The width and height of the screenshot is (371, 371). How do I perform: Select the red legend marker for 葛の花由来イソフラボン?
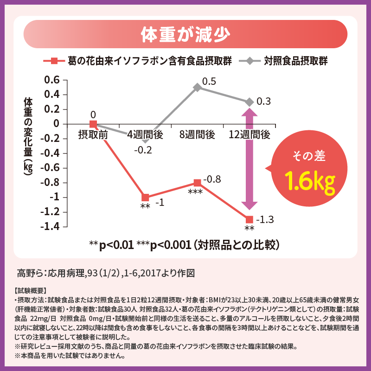click(54, 61)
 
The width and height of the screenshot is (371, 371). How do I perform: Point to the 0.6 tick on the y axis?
click(51, 80)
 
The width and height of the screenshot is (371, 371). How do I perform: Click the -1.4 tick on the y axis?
click(50, 227)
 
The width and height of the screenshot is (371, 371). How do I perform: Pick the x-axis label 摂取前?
click(93, 135)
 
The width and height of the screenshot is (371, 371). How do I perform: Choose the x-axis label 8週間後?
click(197, 135)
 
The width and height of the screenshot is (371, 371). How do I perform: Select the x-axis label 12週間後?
click(249, 135)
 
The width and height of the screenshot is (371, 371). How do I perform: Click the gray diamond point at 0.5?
click(197, 87)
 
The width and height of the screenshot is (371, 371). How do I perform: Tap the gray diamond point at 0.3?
click(249, 102)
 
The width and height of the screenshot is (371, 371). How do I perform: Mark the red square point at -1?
click(145, 198)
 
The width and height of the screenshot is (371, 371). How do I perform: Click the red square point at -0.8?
click(197, 183)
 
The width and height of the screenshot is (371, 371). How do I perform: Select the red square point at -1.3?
click(249, 219)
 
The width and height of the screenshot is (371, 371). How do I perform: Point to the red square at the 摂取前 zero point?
click(93, 124)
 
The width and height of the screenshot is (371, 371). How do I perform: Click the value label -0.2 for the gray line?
click(143, 150)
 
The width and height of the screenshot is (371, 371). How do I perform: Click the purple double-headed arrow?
click(249, 160)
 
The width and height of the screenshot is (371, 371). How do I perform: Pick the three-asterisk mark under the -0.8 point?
click(195, 192)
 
